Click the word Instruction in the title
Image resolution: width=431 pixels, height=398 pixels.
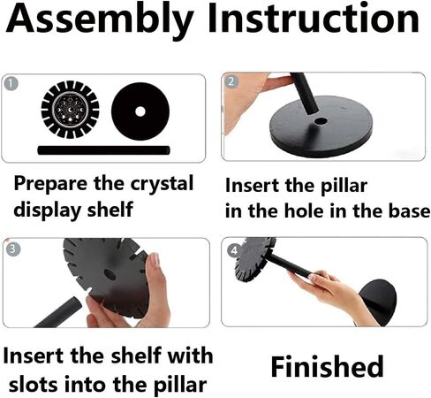coord(314,19)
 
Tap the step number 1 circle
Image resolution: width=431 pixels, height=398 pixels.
coord(11,84)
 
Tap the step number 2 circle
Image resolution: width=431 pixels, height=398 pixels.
coord(231,81)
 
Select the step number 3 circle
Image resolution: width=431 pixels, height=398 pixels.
coord(13,249)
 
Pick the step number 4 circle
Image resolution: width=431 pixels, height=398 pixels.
coord(234,250)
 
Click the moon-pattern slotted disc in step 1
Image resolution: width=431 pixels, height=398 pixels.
coord(70,110)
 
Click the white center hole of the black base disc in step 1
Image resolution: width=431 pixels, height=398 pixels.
coord(140,111)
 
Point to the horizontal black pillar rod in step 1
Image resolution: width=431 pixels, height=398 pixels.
coord(103,150)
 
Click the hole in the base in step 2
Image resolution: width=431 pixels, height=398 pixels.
coord(321,121)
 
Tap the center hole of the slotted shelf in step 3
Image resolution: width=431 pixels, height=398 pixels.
coord(110,274)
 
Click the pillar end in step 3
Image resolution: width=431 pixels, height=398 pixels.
coord(75,303)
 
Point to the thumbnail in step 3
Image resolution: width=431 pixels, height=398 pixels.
coord(155,259)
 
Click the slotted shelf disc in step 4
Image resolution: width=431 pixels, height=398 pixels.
coord(254,259)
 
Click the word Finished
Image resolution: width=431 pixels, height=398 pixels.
coord(327,366)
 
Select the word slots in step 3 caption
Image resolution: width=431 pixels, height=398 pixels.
coord(34,384)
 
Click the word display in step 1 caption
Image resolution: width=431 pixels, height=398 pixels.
coord(48,210)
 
